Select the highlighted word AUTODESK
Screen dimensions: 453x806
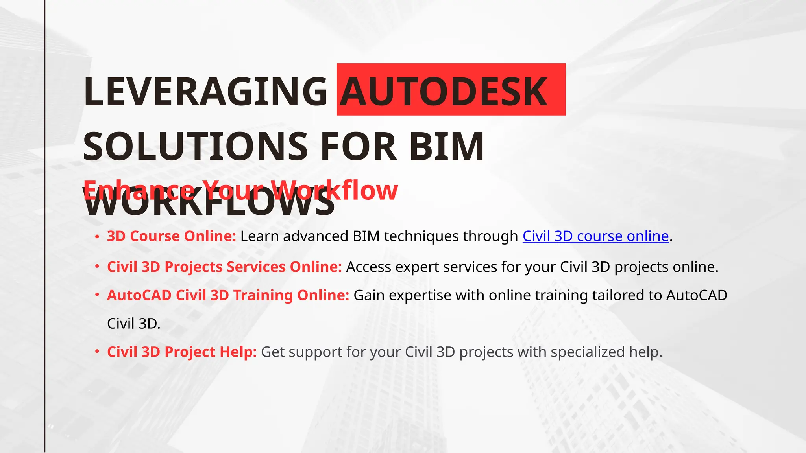[444, 92]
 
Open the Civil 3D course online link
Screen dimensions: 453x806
[595, 236]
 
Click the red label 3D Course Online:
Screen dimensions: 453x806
[172, 236]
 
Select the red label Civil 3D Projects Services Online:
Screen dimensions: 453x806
[224, 267]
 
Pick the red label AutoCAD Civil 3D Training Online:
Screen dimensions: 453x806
[228, 295]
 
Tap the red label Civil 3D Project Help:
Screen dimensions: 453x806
[182, 352]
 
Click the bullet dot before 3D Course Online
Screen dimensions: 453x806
[97, 237]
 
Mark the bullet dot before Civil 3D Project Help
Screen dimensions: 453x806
[97, 352]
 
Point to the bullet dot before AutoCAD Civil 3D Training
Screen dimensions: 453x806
[97, 296]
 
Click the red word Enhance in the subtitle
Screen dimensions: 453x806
[139, 190]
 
